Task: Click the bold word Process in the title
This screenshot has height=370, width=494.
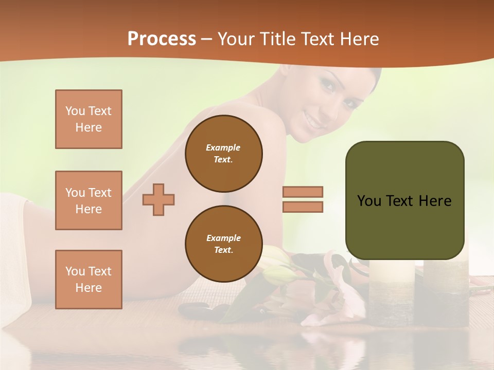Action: (x=162, y=39)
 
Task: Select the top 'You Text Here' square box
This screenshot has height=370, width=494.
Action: (x=89, y=119)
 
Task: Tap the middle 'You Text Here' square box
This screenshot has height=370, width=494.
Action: (x=89, y=200)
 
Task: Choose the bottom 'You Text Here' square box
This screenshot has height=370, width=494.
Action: (x=89, y=280)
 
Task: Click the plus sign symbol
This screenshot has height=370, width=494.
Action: (x=158, y=199)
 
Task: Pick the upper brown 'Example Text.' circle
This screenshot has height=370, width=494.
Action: (x=223, y=154)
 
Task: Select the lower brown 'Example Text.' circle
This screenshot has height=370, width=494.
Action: (x=223, y=244)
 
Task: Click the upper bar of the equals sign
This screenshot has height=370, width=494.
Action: (x=303, y=192)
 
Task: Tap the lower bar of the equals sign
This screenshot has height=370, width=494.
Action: (x=303, y=207)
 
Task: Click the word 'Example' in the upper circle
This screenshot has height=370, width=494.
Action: (x=223, y=147)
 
